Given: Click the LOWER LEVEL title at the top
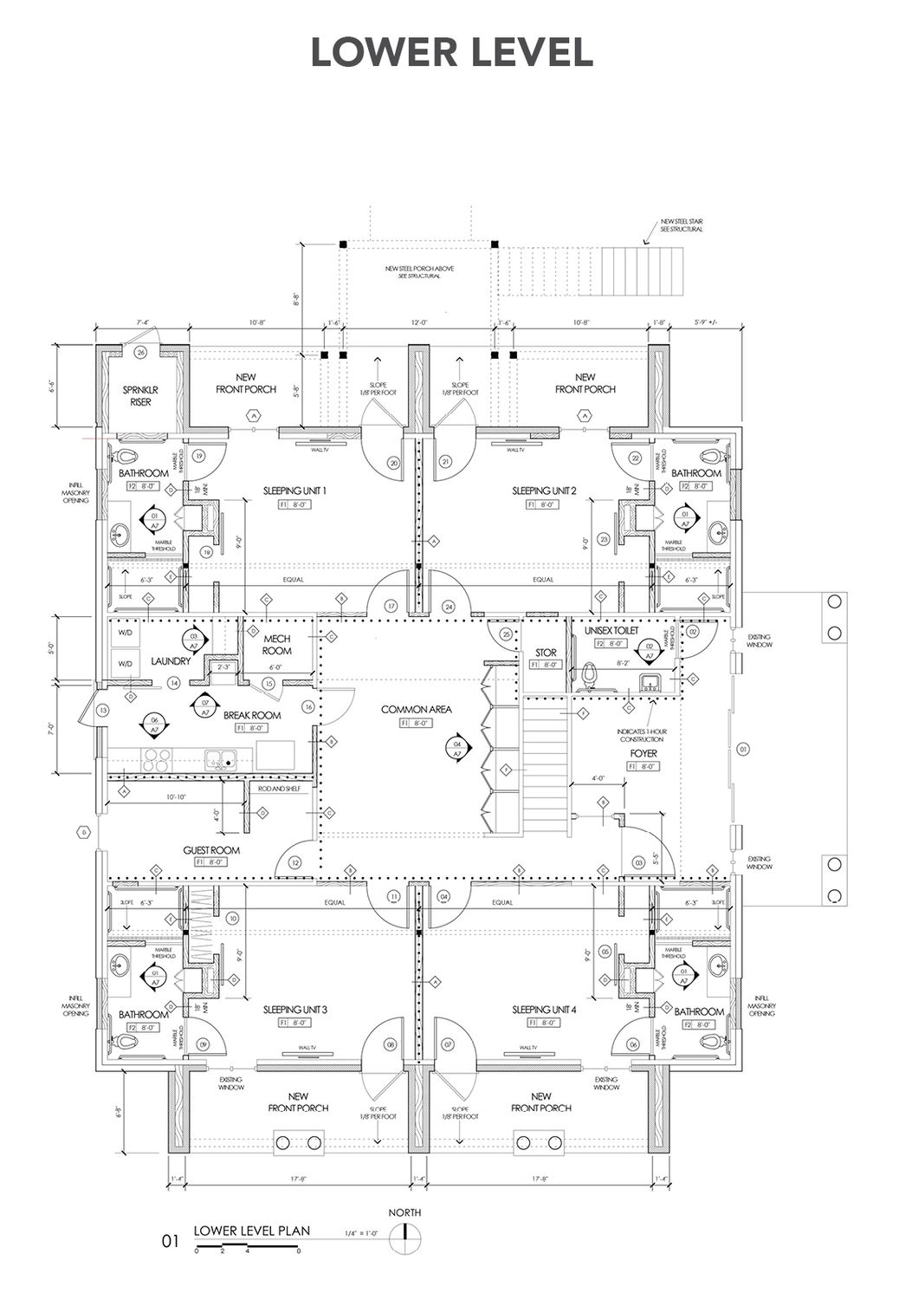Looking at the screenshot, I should coord(451,51).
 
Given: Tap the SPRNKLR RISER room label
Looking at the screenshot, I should coord(140,396).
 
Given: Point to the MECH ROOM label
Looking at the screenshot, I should coord(277,644).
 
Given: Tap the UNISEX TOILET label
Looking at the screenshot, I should coord(611,630).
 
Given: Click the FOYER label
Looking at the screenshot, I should coord(644,753).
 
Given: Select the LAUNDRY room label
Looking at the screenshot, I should coord(170,661).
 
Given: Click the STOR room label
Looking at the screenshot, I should coord(545,652).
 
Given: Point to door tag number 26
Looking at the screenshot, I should coord(140,352).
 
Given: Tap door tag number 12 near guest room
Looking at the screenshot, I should coord(295,862).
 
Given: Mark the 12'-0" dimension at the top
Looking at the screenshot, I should coord(418,322).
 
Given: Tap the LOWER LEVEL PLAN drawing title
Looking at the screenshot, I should coord(251,1230).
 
